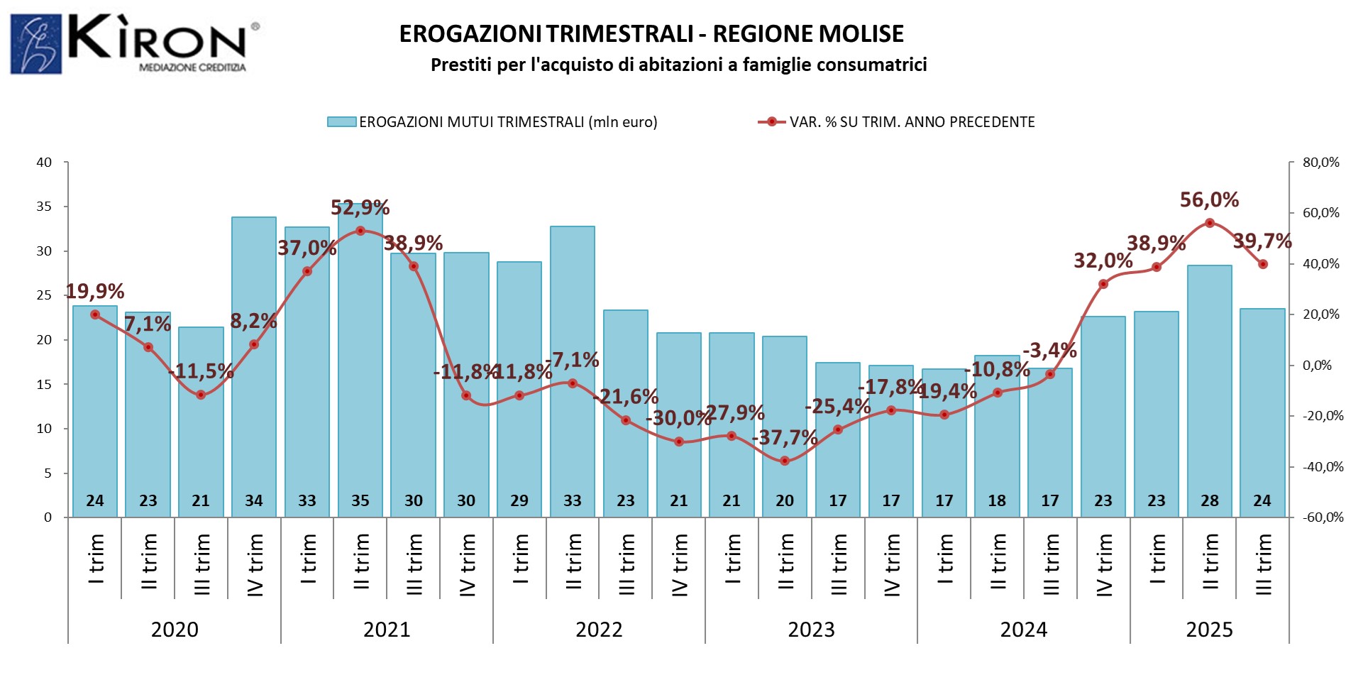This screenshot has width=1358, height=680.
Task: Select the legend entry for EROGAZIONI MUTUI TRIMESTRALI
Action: pyautogui.click(x=492, y=122)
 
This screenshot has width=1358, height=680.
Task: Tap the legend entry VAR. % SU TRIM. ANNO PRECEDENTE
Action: pyautogui.click(x=897, y=122)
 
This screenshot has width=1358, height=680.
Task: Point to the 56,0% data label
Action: pyautogui.click(x=1209, y=200)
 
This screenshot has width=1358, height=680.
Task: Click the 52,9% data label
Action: pyautogui.click(x=360, y=208)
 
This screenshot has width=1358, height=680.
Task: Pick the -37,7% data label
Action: pyautogui.click(x=785, y=437)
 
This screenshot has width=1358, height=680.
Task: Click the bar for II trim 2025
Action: pyautogui.click(x=1210, y=390)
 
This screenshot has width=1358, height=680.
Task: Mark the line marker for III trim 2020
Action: pyautogui.click(x=201, y=395)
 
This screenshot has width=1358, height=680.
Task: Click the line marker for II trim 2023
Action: pyautogui.click(x=785, y=461)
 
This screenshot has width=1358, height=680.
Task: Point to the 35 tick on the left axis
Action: pyautogui.click(x=45, y=207)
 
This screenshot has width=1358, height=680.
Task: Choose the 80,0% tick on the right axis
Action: pyautogui.click(x=1320, y=163)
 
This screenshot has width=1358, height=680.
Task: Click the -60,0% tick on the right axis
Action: pyautogui.click(x=1323, y=517)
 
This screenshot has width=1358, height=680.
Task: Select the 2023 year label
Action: pyautogui.click(x=811, y=630)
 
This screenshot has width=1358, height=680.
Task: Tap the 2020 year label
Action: pyautogui.click(x=175, y=630)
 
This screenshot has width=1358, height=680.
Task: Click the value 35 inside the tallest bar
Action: pyautogui.click(x=360, y=500)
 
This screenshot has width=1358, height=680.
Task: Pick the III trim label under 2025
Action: pyautogui.click(x=1263, y=564)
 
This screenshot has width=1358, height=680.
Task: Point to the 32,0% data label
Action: pyautogui.click(x=1103, y=261)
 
